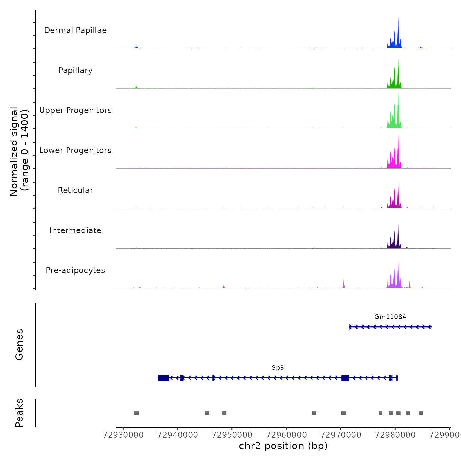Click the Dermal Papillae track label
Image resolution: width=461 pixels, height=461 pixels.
(75, 30)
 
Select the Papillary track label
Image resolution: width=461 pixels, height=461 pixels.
(75, 70)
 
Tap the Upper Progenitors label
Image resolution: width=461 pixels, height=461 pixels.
(75, 110)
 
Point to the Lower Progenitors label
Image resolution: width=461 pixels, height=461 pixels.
(75, 150)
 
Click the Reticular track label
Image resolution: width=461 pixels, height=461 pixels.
(75, 190)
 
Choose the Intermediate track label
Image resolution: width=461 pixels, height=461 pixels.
(75, 230)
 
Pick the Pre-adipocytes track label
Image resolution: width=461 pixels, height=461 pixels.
(75, 270)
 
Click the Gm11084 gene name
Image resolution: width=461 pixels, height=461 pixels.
(390, 317)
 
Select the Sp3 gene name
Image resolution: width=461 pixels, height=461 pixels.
(278, 368)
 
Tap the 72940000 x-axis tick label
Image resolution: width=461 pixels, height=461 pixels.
(178, 435)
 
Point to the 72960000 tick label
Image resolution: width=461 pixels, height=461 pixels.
(286, 435)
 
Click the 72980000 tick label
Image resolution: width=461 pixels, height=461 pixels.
(395, 435)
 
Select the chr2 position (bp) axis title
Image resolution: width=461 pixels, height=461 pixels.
(283, 446)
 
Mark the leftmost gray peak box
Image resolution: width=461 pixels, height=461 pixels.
(136, 413)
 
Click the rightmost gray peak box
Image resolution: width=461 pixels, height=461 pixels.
(421, 413)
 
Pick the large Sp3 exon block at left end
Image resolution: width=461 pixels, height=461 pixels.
(164, 378)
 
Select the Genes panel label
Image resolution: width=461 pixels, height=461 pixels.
(19, 344)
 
